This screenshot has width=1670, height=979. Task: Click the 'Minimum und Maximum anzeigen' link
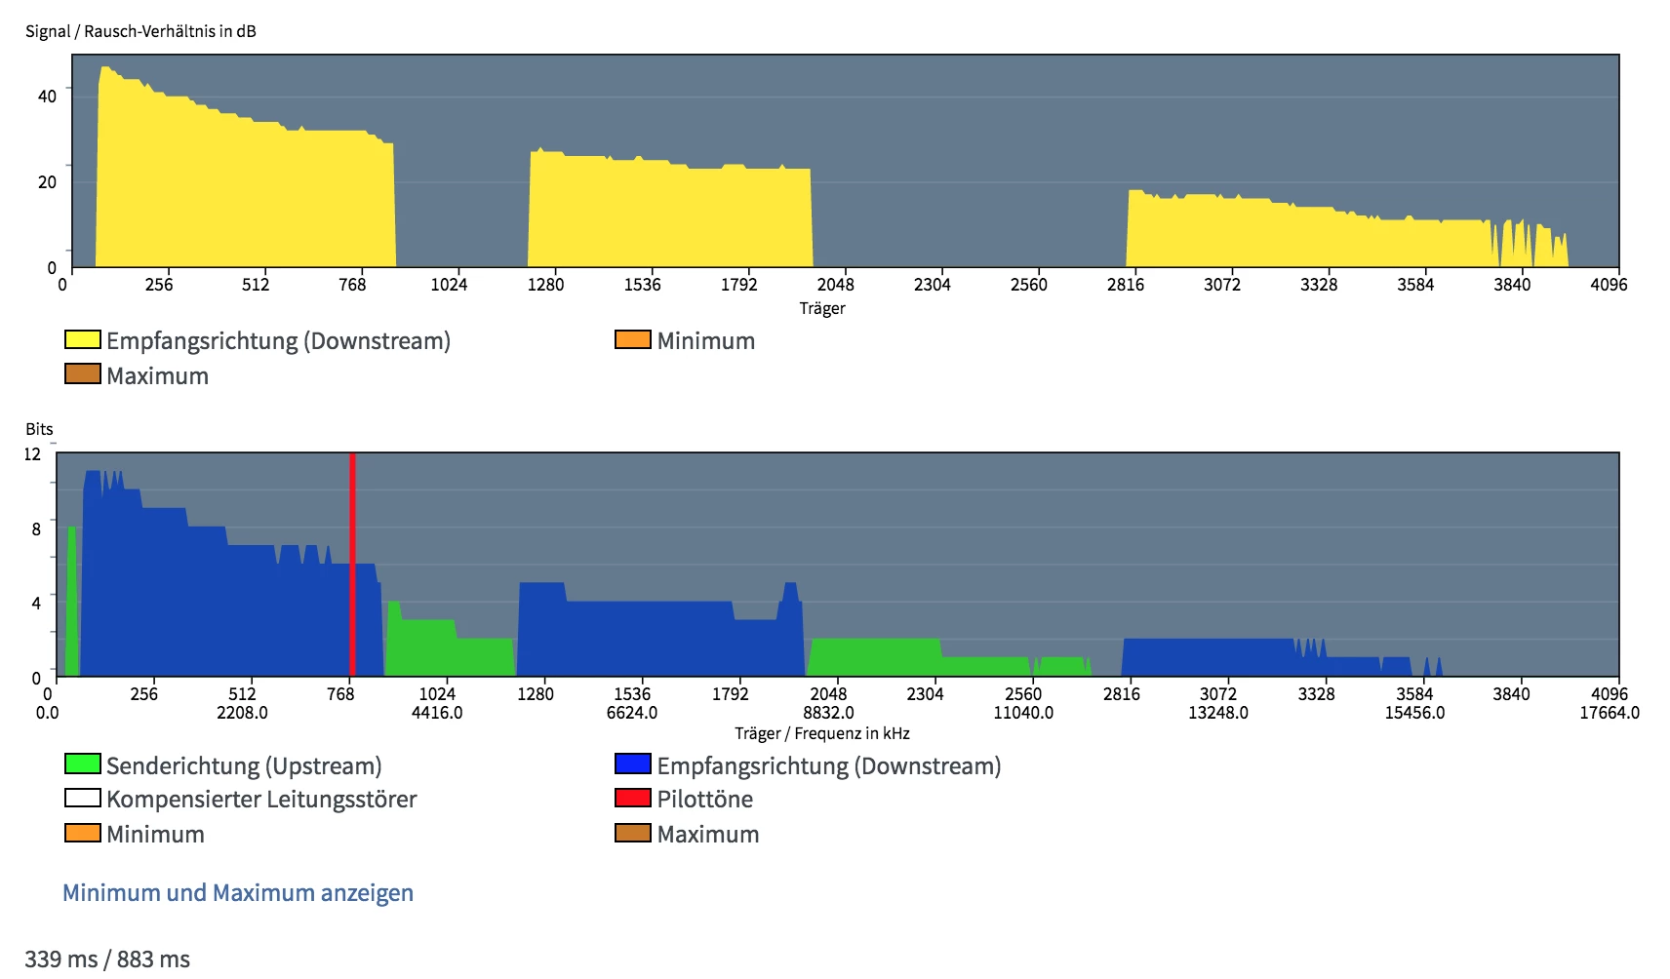(x=238, y=893)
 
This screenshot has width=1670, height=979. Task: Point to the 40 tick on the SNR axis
(x=47, y=96)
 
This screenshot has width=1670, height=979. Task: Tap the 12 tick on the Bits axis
(x=32, y=454)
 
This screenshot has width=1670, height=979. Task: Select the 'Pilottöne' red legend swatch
(x=632, y=799)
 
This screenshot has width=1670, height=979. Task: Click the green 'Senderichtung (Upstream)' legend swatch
(x=82, y=764)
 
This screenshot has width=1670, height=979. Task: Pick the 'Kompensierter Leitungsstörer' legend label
(x=261, y=800)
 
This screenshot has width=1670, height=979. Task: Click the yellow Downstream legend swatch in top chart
(x=82, y=340)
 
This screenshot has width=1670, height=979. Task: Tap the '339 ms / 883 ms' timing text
(x=107, y=959)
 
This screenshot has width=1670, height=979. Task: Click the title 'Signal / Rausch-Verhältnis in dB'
(x=140, y=31)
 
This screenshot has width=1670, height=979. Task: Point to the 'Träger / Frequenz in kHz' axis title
(x=821, y=733)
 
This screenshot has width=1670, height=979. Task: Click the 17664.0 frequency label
(x=1610, y=713)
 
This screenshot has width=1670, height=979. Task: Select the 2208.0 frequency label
(x=242, y=713)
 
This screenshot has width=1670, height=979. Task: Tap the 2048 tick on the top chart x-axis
(x=835, y=285)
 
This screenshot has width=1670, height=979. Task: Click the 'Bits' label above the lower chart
(x=39, y=429)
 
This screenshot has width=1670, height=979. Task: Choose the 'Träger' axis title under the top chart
(x=822, y=309)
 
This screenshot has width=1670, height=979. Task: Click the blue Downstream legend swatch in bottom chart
(x=632, y=764)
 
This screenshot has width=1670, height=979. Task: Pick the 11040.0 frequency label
(x=1023, y=713)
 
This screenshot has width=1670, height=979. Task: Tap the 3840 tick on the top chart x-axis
(x=1512, y=285)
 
